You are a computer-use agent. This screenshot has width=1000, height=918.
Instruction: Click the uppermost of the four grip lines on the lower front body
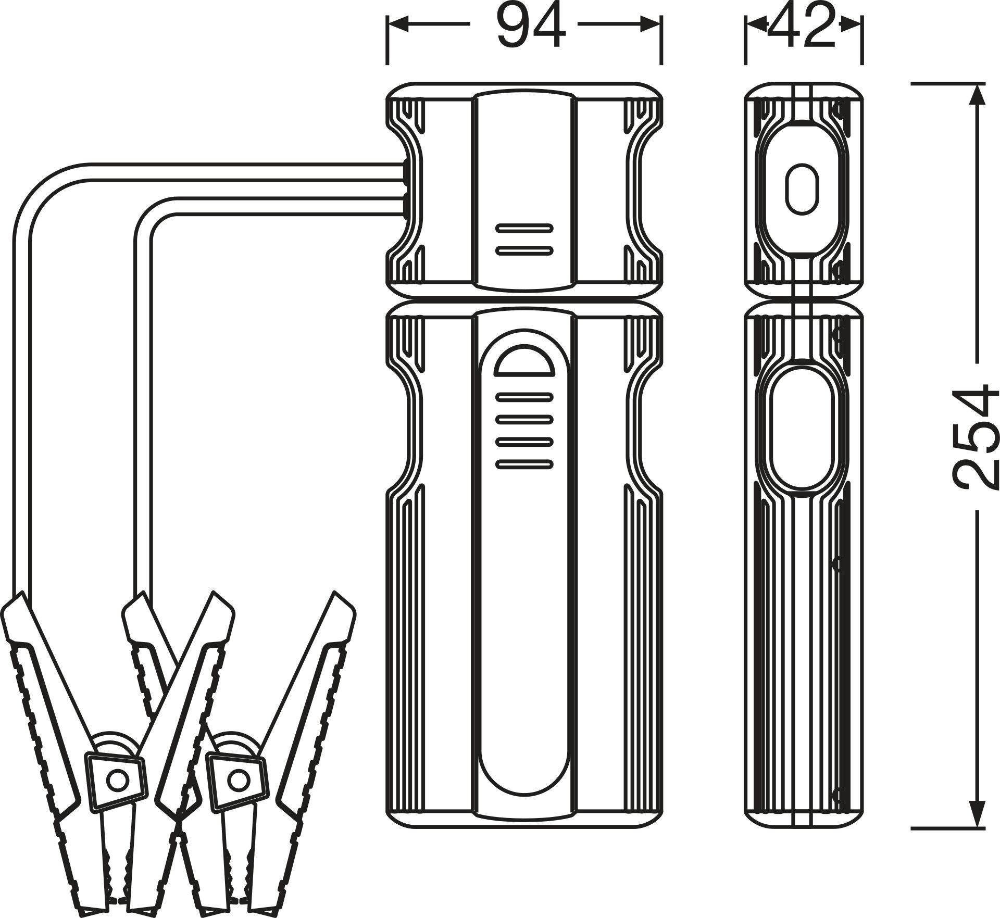pos(524,397)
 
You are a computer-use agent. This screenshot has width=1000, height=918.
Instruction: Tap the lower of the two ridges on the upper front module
pos(524,250)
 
